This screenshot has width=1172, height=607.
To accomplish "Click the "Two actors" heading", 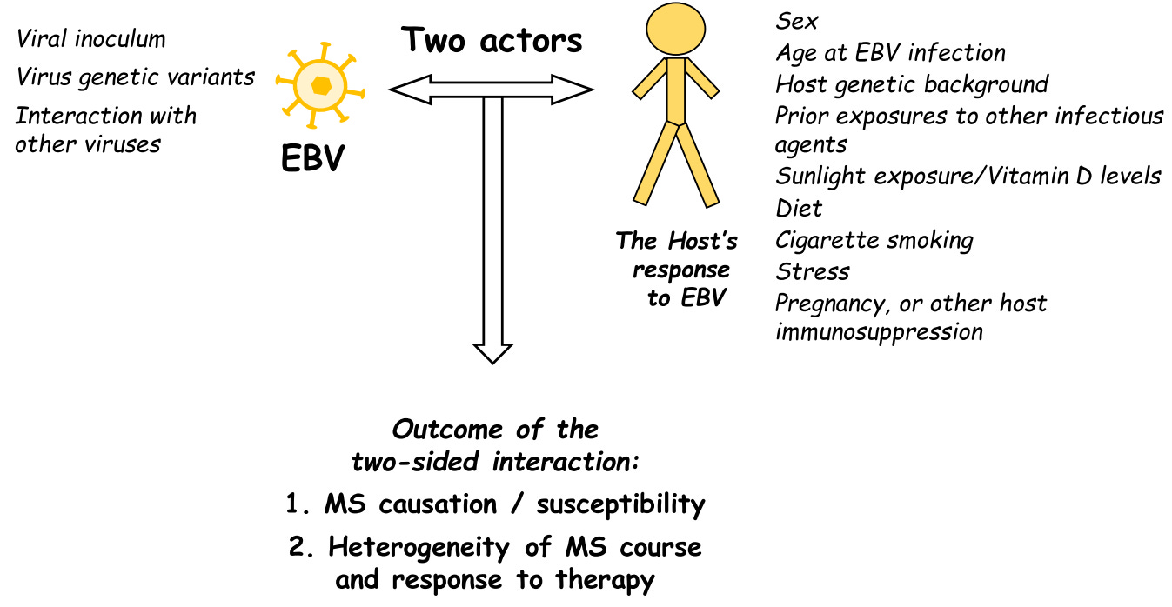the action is coord(492,40).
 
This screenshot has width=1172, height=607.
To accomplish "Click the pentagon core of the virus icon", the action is coord(321,84).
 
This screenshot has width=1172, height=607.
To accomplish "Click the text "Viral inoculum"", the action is coord(90,39).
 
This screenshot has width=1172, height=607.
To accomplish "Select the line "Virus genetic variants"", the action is coord(136,77).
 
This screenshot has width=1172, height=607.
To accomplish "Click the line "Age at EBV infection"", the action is coord(890,53).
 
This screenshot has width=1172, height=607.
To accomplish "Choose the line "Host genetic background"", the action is coord(912,84).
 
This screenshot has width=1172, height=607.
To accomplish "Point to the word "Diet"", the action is coord(799,209).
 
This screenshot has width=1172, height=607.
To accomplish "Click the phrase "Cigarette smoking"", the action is coord(874,240).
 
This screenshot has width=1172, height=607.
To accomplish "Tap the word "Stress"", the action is coord(813,271).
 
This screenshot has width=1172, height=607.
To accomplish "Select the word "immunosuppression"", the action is coord(879,331).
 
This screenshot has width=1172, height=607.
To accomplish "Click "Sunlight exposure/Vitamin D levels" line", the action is coord(968,177).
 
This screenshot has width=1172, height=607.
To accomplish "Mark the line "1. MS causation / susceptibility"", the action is coord(495,504).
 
